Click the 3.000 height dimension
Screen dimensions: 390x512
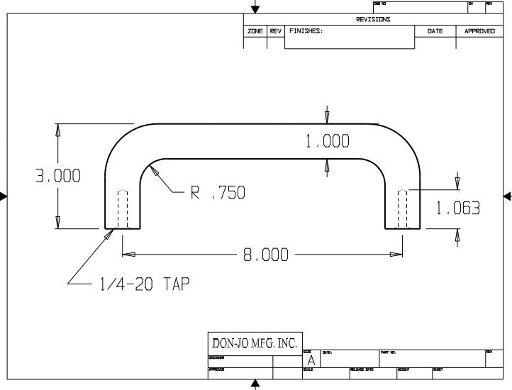tap(58, 176)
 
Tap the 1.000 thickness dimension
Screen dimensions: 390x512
tap(327, 142)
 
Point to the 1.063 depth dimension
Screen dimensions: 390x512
tap(457, 208)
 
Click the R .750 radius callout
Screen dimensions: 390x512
tap(217, 192)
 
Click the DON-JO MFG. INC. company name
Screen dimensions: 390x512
tap(255, 343)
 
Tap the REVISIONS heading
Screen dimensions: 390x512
tap(373, 20)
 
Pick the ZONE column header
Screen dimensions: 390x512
tap(255, 32)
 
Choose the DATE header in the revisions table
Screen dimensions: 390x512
tap(435, 32)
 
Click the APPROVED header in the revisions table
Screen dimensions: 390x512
tap(479, 32)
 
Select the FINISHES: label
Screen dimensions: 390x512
tap(306, 32)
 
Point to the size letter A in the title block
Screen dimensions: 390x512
tap(311, 361)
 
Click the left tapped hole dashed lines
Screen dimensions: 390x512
tap(123, 208)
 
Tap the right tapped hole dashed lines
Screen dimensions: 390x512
tap(403, 208)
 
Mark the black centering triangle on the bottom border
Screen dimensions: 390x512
tap(255, 385)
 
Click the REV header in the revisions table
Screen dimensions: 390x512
tap(276, 32)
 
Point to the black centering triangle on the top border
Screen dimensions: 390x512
tap(255, 9)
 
